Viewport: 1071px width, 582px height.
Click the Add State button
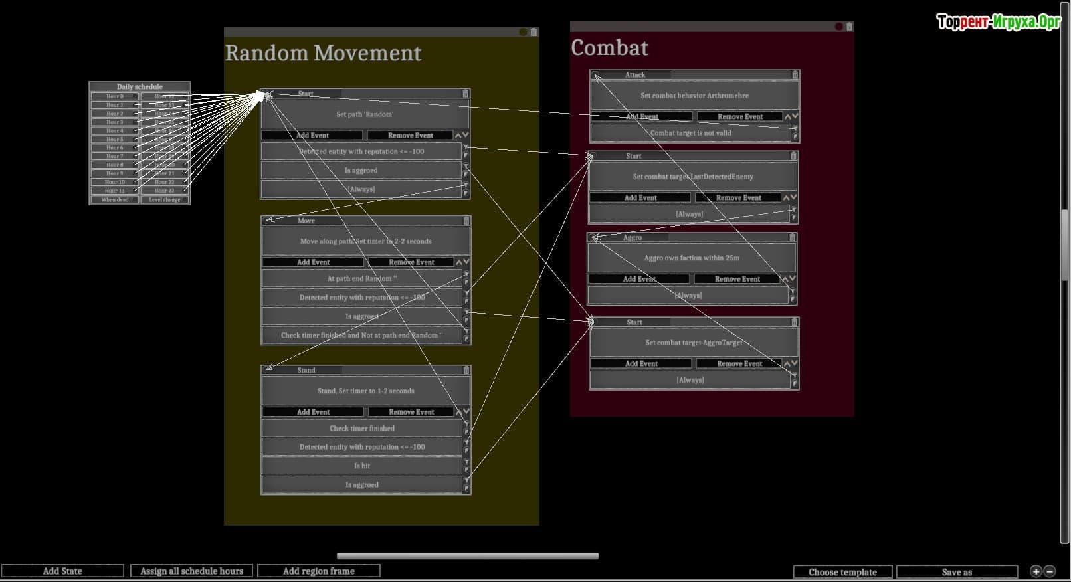pyautogui.click(x=62, y=571)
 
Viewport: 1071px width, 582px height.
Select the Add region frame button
pyautogui.click(x=319, y=571)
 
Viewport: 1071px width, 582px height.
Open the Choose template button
pyautogui.click(x=842, y=572)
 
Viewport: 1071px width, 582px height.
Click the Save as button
pyautogui.click(x=957, y=572)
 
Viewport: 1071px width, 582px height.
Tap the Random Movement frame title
pyautogui.click(x=323, y=53)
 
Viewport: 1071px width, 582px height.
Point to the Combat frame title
pyautogui.click(x=609, y=48)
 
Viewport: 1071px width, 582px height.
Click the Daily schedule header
pyautogui.click(x=140, y=86)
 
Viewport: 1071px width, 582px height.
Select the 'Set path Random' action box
pyautogui.click(x=365, y=114)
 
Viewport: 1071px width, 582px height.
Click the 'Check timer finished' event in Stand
pyautogui.click(x=362, y=429)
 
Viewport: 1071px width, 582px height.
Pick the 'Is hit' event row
pyautogui.click(x=362, y=466)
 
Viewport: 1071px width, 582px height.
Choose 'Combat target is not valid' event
pyautogui.click(x=691, y=133)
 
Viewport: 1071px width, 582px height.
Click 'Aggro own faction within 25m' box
pyautogui.click(x=692, y=258)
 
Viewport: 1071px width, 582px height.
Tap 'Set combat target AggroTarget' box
pyautogui.click(x=694, y=343)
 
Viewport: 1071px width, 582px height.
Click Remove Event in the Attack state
pyautogui.click(x=740, y=116)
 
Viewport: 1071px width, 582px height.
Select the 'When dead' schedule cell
pyautogui.click(x=114, y=199)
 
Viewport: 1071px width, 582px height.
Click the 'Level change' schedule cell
pyautogui.click(x=165, y=199)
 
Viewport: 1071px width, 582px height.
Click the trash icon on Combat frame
pyautogui.click(x=849, y=27)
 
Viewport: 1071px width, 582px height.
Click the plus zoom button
pyautogui.click(x=1036, y=571)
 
